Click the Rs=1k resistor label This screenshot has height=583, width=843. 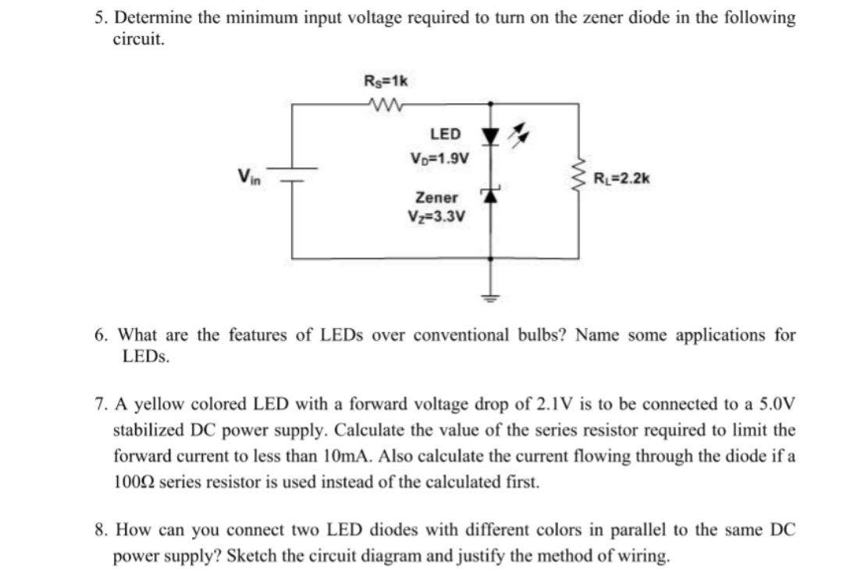click(386, 80)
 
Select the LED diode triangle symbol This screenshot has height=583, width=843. click(490, 138)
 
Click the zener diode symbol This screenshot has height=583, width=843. click(490, 196)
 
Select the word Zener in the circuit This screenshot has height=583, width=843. click(437, 198)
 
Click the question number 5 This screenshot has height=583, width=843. click(98, 17)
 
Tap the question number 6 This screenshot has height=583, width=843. click(101, 335)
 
